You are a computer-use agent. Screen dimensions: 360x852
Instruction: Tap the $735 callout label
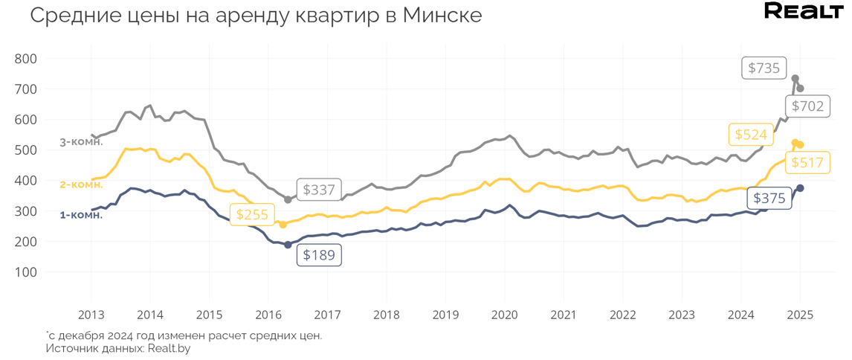point(764,68)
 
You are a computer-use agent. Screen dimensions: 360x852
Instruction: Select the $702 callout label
point(807,106)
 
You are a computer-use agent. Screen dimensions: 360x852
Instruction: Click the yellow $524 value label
point(750,135)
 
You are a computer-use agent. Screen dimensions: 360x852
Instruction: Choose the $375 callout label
point(769,198)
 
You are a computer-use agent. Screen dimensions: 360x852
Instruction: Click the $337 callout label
point(318,190)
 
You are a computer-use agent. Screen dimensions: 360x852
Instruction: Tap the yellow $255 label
point(251,215)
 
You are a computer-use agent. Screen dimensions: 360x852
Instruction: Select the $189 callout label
point(319,255)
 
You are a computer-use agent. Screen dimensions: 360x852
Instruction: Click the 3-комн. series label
point(81,142)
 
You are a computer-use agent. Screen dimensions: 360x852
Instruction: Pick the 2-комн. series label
point(81,184)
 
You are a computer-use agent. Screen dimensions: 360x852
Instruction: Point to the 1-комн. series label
point(81,215)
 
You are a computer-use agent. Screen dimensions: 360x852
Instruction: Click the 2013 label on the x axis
point(91,315)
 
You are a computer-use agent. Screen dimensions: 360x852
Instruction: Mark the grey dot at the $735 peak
point(795,79)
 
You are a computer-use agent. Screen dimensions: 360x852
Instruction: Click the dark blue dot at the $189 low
point(288,245)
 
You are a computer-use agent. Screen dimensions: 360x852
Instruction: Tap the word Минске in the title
point(442,15)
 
